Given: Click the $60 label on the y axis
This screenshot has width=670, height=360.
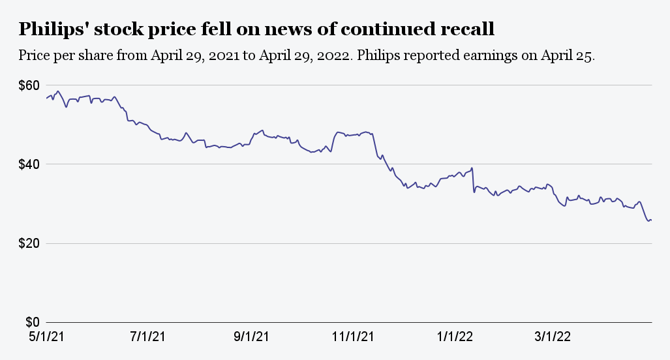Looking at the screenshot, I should pyautogui.click(x=29, y=85).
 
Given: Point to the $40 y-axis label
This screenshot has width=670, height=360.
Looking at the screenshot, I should pyautogui.click(x=29, y=164).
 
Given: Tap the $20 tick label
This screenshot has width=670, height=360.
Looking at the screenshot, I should pyautogui.click(x=29, y=243).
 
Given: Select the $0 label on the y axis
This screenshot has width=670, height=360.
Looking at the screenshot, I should pyautogui.click(x=33, y=322).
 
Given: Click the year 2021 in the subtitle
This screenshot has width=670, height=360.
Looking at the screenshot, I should pyautogui.click(x=226, y=55).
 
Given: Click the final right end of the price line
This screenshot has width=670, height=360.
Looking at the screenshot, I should pyautogui.click(x=652, y=220).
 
